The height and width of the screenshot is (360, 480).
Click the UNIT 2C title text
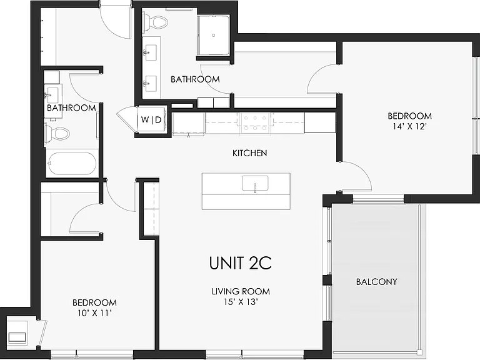click(x=241, y=263)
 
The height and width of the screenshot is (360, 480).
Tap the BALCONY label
click(x=376, y=282)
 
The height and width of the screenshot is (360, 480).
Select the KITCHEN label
click(x=250, y=153)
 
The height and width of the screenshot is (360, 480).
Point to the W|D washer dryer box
click(x=151, y=119)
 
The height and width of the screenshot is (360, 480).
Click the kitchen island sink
click(x=255, y=184)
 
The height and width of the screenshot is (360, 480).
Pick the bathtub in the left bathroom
click(x=72, y=164)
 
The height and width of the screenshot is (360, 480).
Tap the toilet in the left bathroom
click(x=57, y=134)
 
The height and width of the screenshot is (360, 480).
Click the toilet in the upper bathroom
click(x=156, y=22)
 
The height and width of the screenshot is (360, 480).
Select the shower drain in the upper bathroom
click(x=214, y=36)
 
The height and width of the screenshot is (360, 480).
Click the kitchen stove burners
click(x=255, y=123)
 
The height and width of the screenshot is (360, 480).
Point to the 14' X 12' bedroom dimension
click(x=409, y=126)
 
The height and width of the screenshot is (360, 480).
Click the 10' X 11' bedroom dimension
click(x=94, y=313)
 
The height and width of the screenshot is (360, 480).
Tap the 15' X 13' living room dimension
click(x=241, y=302)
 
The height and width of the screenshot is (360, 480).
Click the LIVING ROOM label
click(x=241, y=291)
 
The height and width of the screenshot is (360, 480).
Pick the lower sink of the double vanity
click(x=150, y=83)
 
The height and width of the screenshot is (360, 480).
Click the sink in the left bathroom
click(x=52, y=95)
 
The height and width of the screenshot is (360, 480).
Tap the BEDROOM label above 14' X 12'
click(x=409, y=116)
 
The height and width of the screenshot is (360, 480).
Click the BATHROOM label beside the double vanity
click(x=195, y=79)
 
